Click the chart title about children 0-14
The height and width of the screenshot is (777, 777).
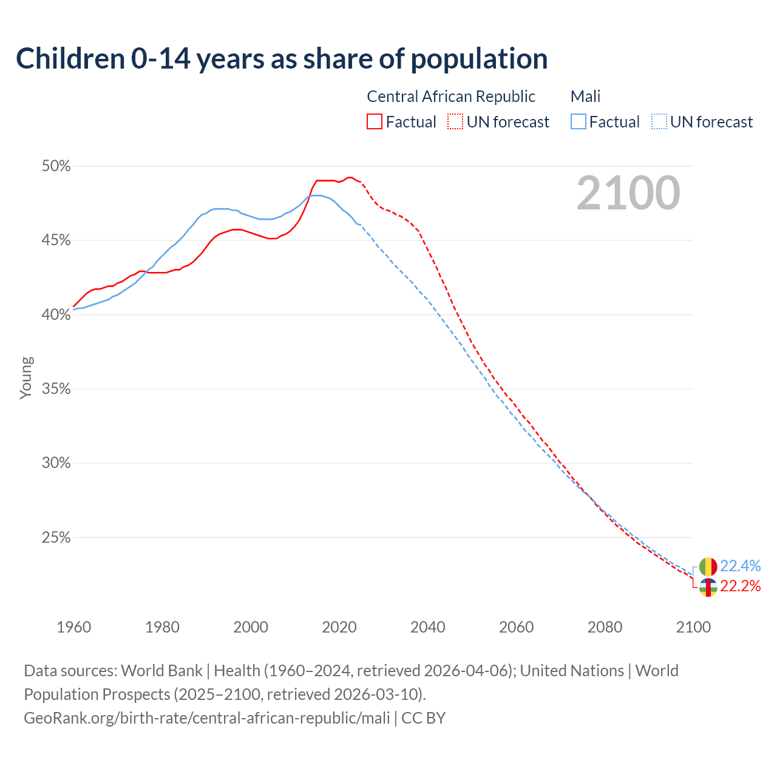click(x=282, y=59)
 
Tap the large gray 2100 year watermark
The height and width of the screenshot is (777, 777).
click(x=628, y=193)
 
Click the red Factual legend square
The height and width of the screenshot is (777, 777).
click(x=375, y=122)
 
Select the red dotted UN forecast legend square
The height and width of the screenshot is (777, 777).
click(x=455, y=122)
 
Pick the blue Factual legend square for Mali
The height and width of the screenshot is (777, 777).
click(x=579, y=122)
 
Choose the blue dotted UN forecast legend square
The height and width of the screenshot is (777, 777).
click(x=659, y=122)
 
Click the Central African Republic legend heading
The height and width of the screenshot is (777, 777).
click(x=451, y=97)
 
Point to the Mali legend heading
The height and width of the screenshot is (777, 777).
click(x=585, y=97)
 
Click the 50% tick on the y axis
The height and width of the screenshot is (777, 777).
click(x=56, y=166)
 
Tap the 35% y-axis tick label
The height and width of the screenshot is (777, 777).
click(x=56, y=389)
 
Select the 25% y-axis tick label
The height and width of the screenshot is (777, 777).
click(x=56, y=538)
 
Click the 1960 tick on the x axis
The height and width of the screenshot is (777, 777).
click(x=73, y=627)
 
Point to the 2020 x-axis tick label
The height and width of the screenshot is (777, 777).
click(x=339, y=627)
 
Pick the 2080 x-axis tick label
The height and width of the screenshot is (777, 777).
click(x=605, y=627)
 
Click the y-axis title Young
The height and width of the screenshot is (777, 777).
click(x=26, y=378)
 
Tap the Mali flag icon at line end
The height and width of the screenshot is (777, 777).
click(x=708, y=567)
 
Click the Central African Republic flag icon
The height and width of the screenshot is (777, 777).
click(x=708, y=587)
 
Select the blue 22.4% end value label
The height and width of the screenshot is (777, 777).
click(x=740, y=566)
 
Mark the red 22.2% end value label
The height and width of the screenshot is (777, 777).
click(x=740, y=586)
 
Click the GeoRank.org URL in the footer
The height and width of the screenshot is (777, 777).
click(x=206, y=718)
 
